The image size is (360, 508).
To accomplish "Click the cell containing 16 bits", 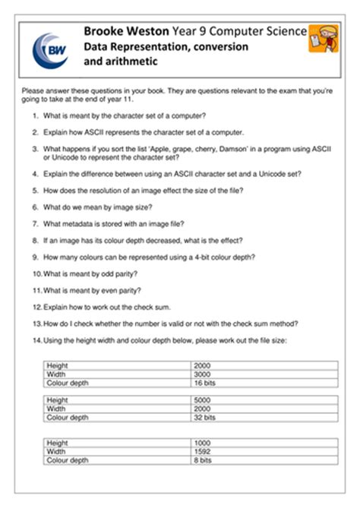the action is pyautogui.click(x=206, y=383).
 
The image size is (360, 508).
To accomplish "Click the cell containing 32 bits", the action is pyautogui.click(x=206, y=417).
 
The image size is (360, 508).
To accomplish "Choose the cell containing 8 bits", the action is pyautogui.click(x=204, y=459).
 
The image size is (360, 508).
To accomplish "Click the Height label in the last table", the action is pyautogui.click(x=57, y=443).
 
